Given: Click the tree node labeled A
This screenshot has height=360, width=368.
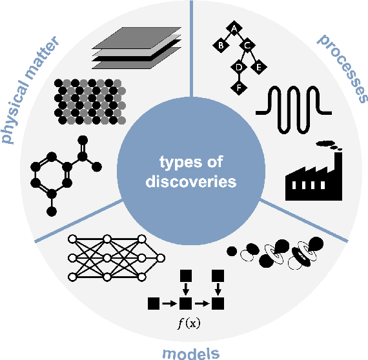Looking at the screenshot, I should (x=233, y=28).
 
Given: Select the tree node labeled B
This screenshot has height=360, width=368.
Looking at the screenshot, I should (x=220, y=46).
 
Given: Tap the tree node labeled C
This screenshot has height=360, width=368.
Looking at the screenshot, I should (x=246, y=46).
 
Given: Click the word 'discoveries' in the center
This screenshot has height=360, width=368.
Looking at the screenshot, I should (x=186, y=182).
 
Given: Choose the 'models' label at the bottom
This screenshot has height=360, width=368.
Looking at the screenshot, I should (x=190, y=352).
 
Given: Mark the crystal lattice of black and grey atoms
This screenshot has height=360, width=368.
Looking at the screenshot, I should (x=90, y=101).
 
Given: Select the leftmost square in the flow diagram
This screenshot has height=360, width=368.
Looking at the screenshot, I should (x=154, y=301).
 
